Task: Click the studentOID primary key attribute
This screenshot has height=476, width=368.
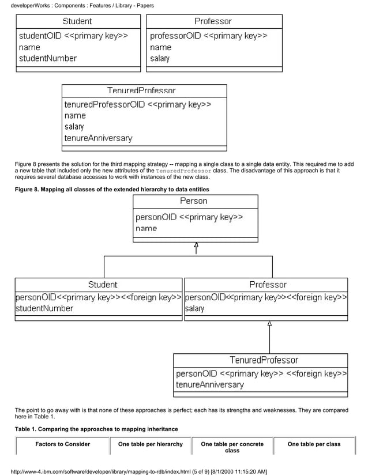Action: (x=73, y=36)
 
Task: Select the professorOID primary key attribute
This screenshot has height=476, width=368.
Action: (x=208, y=36)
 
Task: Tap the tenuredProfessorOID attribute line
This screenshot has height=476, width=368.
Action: (x=137, y=105)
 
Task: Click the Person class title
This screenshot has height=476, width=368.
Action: (x=194, y=201)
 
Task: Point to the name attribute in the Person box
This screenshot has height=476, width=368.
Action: (x=147, y=229)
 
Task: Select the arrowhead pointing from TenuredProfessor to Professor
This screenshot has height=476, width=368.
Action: (x=269, y=324)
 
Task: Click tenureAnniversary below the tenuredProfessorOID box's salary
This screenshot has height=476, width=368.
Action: (x=98, y=138)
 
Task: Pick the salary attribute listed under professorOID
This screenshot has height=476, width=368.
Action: (x=160, y=59)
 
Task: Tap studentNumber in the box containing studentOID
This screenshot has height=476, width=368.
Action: (x=47, y=58)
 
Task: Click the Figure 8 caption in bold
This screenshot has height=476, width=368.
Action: (x=111, y=190)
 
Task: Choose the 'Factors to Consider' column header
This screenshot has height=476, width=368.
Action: (x=62, y=444)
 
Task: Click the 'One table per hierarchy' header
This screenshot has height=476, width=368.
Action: (x=150, y=444)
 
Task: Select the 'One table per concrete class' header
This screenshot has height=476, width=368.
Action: (x=232, y=447)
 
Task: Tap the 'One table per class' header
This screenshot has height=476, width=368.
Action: (x=314, y=444)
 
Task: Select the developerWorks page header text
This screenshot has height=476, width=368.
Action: (x=82, y=6)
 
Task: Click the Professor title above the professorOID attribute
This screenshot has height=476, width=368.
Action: (x=213, y=21)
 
